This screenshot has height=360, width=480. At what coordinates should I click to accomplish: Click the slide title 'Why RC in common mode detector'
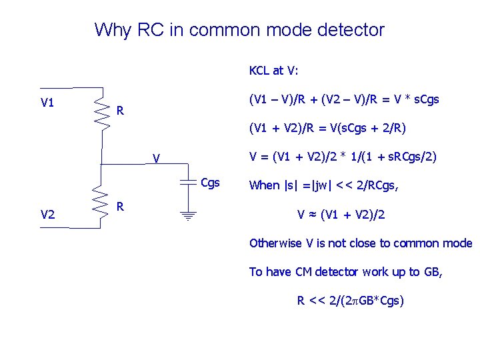pyautogui.click(x=239, y=30)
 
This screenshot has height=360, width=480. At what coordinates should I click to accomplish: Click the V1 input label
pyautogui.click(x=47, y=103)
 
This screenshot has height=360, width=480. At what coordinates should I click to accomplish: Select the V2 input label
pyautogui.click(x=47, y=214)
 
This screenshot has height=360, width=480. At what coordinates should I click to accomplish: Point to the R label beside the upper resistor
pyautogui.click(x=120, y=109)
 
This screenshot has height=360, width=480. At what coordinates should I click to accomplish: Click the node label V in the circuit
pyautogui.click(x=155, y=159)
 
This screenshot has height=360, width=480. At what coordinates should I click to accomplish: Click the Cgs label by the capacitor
pyautogui.click(x=210, y=183)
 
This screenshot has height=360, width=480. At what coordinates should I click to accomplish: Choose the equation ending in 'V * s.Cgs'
pyautogui.click(x=343, y=99)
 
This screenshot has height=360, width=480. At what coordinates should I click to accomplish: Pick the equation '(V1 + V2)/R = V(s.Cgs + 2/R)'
pyautogui.click(x=327, y=127)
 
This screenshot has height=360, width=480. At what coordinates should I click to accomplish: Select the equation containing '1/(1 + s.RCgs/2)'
pyautogui.click(x=343, y=157)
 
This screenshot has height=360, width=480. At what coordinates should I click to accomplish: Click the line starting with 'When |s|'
pyautogui.click(x=323, y=186)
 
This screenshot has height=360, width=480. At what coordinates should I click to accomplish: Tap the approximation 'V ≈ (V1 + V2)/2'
pyautogui.click(x=341, y=215)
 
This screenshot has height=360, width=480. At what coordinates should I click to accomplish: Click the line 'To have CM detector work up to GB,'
pyautogui.click(x=345, y=272)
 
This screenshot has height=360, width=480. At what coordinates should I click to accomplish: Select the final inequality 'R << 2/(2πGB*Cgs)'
pyautogui.click(x=350, y=301)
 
